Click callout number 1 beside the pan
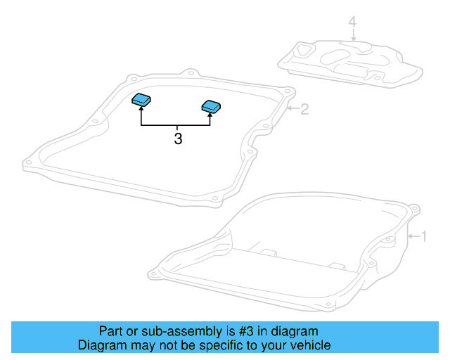coord(423,236)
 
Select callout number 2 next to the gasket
coord(304,109)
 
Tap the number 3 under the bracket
coord(177,140)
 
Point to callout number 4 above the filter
coord(353,24)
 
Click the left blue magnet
coord(142,100)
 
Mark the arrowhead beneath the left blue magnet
coord(141,110)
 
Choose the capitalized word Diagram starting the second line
coord(101,346)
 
